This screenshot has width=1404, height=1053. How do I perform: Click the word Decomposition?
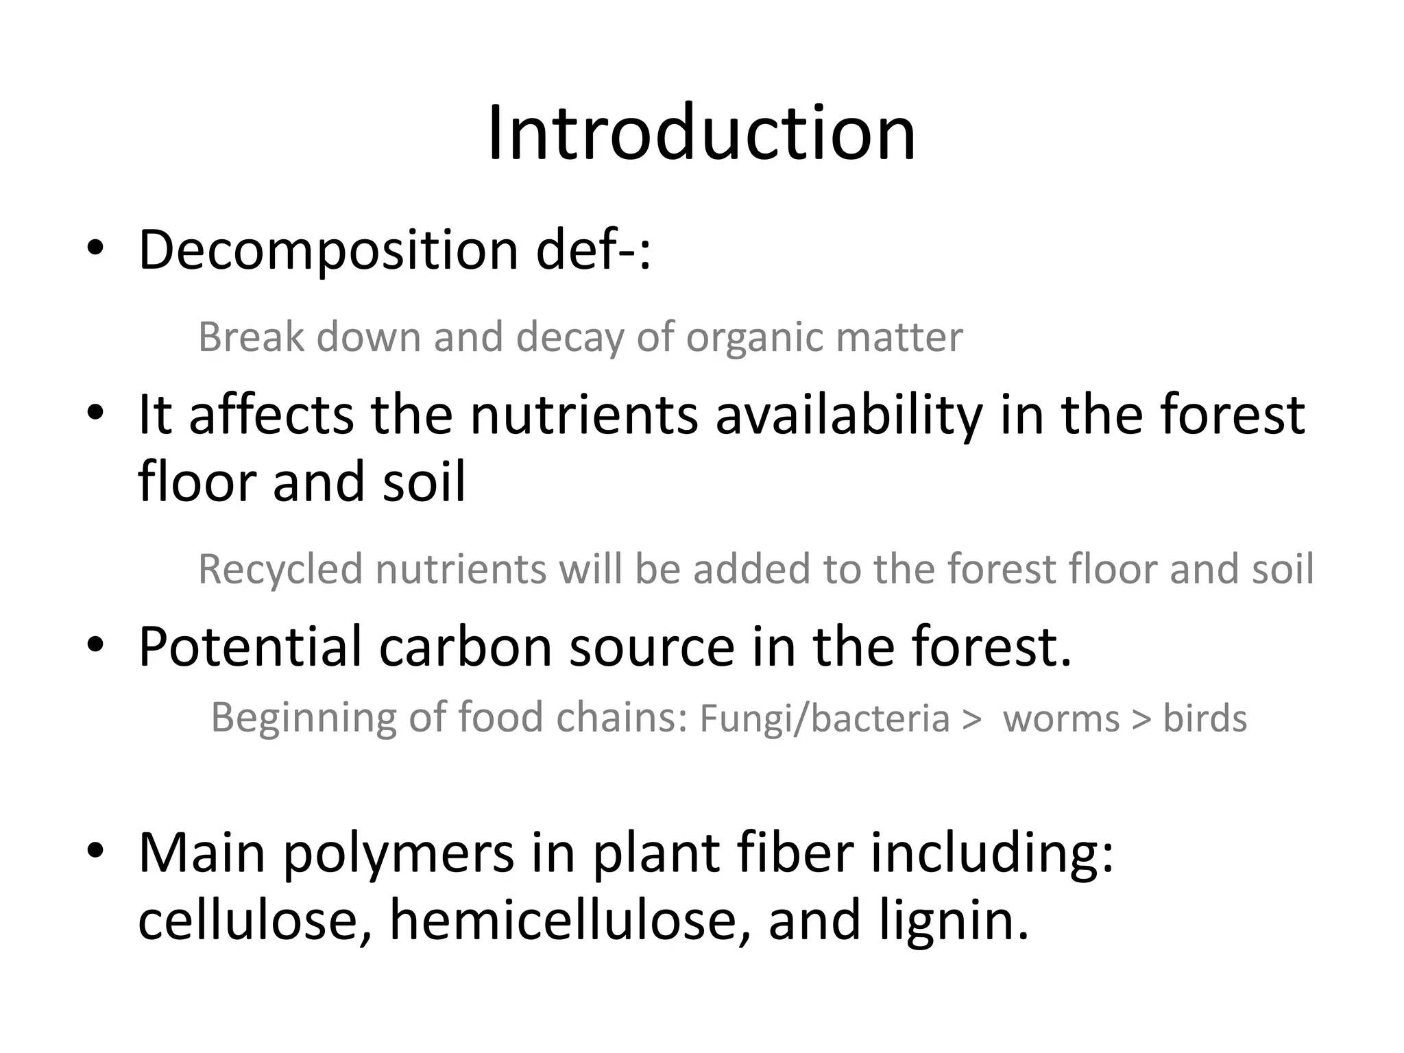[x=328, y=251]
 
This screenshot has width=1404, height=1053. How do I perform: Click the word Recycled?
[x=280, y=570]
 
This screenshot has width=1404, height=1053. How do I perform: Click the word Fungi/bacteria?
[x=824, y=719]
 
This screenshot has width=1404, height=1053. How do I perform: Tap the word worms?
[x=1061, y=719]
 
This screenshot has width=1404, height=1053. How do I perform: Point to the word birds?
[x=1205, y=719]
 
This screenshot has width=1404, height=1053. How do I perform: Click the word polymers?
[x=398, y=855]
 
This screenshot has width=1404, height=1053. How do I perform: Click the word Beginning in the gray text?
[x=301, y=719]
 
